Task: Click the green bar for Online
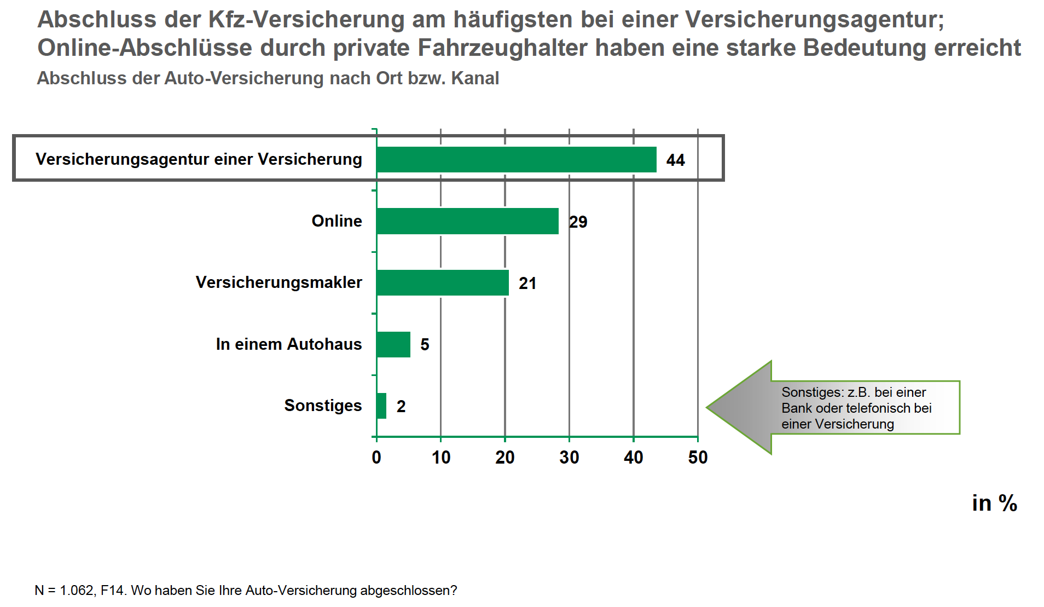coord(467,221)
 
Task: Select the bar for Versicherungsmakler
coord(442,282)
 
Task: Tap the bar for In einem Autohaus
coord(393,344)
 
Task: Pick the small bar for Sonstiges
coord(381,406)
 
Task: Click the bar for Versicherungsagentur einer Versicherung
coord(516,159)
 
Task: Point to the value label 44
coord(675,160)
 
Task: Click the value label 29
coord(578,222)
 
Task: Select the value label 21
coord(527,283)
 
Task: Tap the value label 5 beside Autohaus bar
coord(425,344)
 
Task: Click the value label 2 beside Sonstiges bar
coord(401,406)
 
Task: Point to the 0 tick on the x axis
coord(376,457)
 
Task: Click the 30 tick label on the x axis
coord(569,457)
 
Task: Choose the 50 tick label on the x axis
coord(698,457)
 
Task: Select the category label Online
coord(337,221)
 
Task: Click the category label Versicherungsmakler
coord(279,282)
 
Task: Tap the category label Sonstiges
coord(323,405)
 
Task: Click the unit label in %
coord(994,503)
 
